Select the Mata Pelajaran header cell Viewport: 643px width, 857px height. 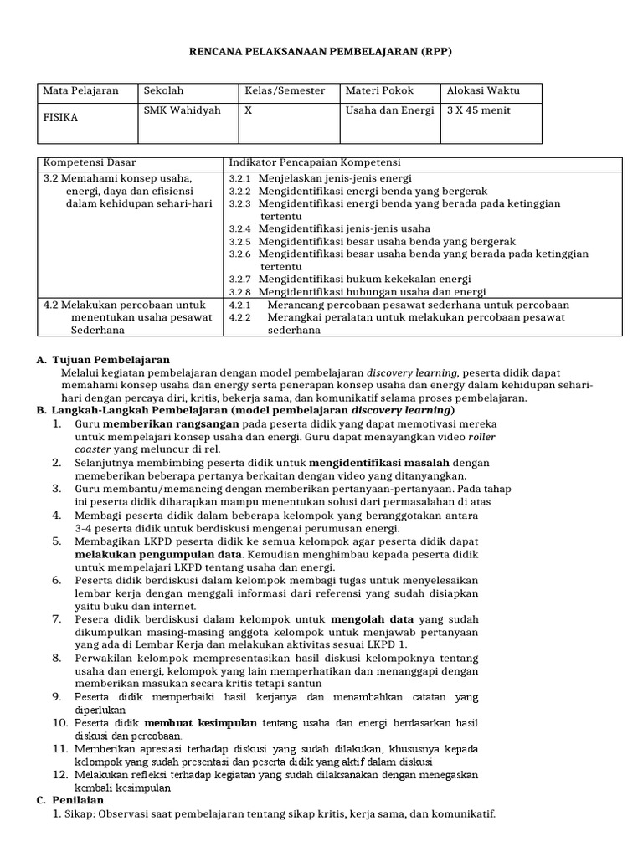[x=80, y=90]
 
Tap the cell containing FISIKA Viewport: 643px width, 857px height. [x=60, y=117]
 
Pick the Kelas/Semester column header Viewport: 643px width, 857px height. [x=285, y=90]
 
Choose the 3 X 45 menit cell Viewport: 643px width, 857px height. [x=479, y=110]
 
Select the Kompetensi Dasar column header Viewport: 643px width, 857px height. [x=90, y=162]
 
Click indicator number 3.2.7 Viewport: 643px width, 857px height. [x=240, y=279]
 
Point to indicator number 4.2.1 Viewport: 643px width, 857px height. [x=240, y=305]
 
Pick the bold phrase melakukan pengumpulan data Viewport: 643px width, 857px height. [x=156, y=554]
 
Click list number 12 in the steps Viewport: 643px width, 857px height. [x=60, y=775]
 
